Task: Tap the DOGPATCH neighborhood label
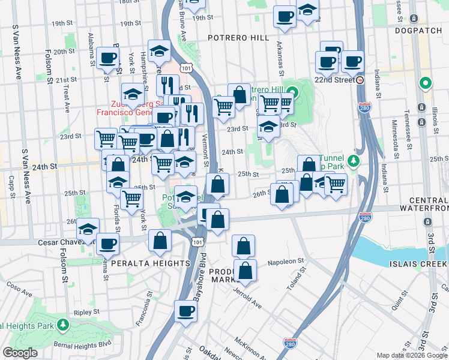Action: pos(418,30)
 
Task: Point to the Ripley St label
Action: pos(86,313)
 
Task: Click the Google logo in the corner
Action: pos(20,353)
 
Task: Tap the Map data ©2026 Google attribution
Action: pos(412,355)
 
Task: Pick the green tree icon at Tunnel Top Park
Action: pos(354,160)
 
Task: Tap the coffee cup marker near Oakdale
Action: pos(185,311)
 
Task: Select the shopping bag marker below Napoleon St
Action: pos(246,271)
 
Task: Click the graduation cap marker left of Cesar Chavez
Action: pos(88,229)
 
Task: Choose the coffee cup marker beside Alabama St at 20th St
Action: pos(108,58)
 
